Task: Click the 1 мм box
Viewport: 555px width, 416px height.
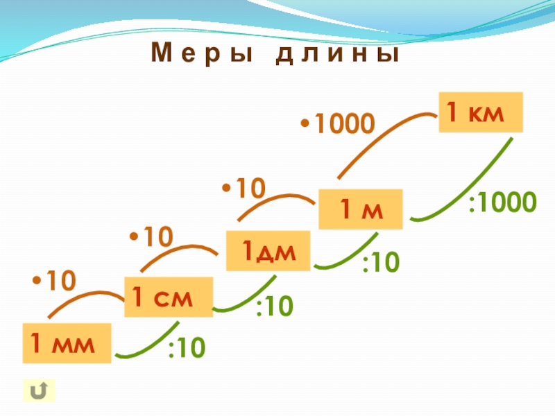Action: click(67, 343)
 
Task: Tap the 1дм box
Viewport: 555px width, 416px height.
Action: click(268, 252)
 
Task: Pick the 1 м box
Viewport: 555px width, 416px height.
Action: click(361, 209)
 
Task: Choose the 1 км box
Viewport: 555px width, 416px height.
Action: click(479, 112)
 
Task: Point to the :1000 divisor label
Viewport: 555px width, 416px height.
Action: click(502, 203)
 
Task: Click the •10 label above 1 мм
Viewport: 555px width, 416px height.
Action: click(53, 281)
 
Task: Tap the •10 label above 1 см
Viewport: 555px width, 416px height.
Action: click(150, 237)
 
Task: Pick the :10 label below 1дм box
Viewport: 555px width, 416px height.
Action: click(275, 306)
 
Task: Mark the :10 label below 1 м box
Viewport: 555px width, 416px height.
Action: click(380, 263)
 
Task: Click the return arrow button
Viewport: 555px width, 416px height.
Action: click(39, 391)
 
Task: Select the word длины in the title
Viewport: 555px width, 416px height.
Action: click(338, 54)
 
